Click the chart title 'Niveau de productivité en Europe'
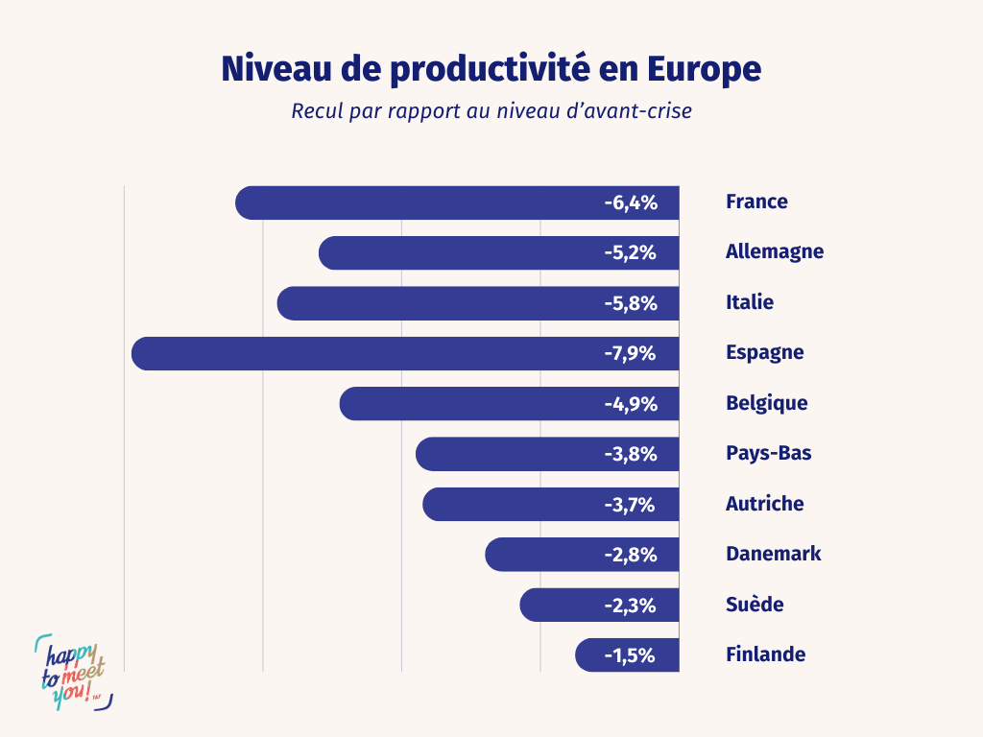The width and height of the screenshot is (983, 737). click(x=491, y=69)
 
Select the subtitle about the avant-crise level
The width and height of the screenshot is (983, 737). click(x=491, y=110)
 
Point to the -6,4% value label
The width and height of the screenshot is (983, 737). click(x=631, y=202)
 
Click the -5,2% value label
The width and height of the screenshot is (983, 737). click(x=631, y=253)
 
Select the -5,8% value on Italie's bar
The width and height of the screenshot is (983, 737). click(x=631, y=303)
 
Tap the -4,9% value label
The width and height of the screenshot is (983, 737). click(x=631, y=404)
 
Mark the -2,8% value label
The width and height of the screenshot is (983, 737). click(x=631, y=555)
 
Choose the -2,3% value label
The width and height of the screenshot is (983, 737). click(x=631, y=606)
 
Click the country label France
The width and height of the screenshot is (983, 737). click(x=756, y=202)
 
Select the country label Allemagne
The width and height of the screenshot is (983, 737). click(x=775, y=252)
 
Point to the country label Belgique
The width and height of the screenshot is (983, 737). click(x=766, y=403)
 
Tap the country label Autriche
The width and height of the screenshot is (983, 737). click(x=764, y=504)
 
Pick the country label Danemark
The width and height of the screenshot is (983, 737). click(x=773, y=554)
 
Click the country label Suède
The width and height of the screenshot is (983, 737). click(x=755, y=605)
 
